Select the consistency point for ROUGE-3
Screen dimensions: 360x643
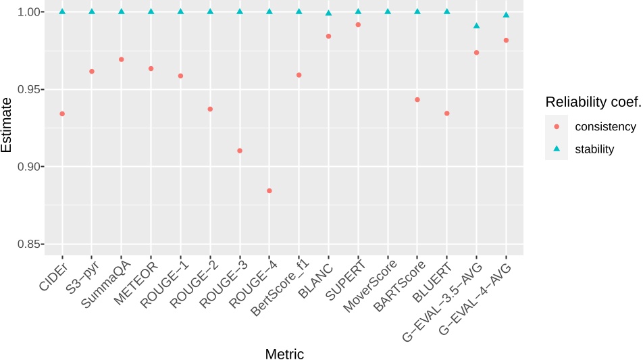[240, 151]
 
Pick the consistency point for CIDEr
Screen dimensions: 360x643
[62, 113]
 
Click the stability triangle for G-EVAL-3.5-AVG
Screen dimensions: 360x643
[476, 26]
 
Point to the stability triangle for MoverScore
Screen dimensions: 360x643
[388, 11]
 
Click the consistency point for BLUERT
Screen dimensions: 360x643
[446, 113]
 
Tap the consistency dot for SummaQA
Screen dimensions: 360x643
[122, 59]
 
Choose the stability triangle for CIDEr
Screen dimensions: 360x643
[62, 11]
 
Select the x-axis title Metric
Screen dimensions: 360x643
[284, 353]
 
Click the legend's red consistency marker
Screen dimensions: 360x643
[557, 126]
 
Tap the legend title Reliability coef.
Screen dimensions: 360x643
[592, 102]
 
